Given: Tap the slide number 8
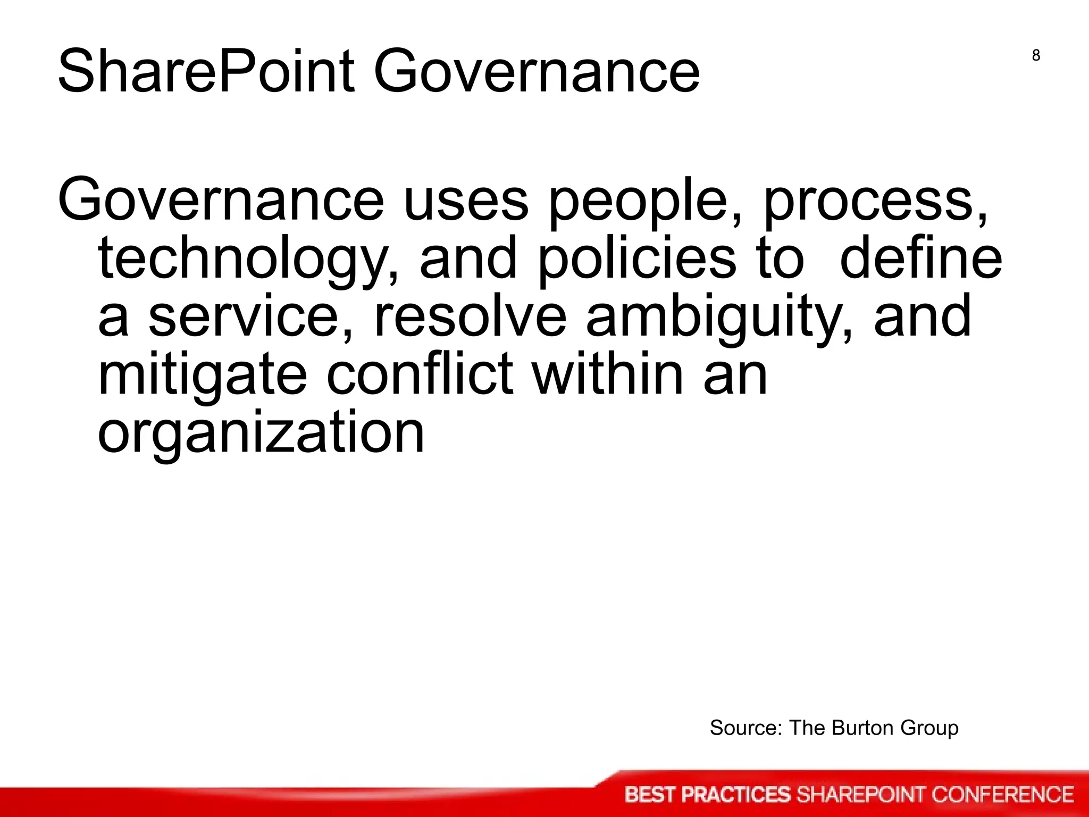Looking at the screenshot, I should point(1036,55).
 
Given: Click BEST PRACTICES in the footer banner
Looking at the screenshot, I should point(708,795).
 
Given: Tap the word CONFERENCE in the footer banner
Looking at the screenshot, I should point(1002,795).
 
